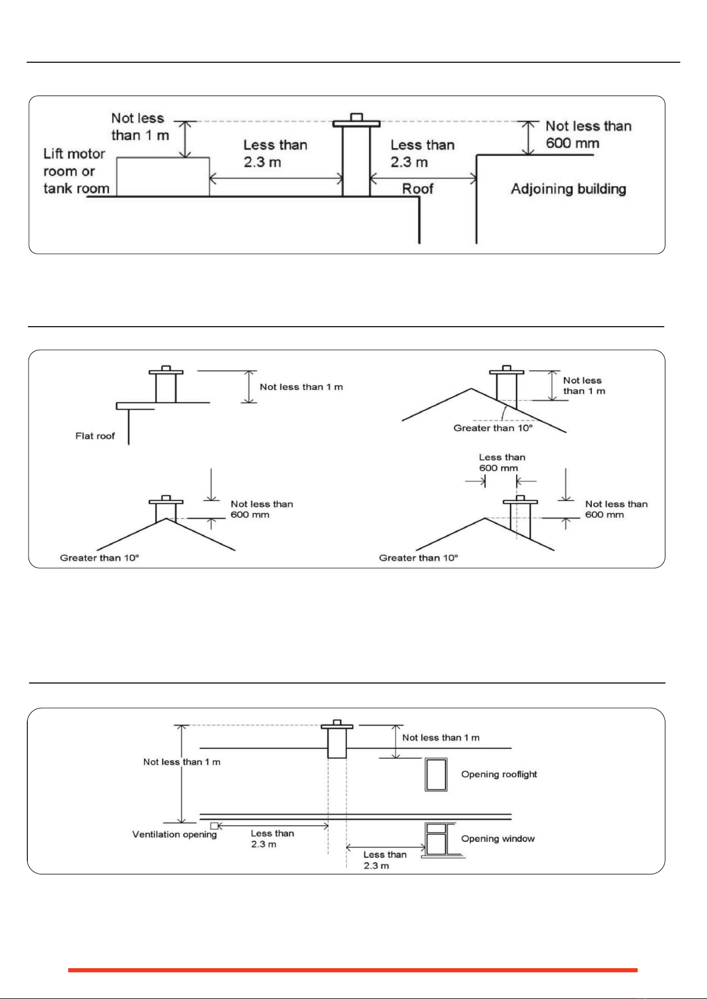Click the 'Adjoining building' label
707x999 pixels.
tap(568, 189)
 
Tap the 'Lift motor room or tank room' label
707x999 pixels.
tap(77, 171)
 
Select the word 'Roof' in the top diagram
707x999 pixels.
tap(418, 189)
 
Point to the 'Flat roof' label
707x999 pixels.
tap(95, 436)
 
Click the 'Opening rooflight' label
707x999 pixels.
tap(499, 774)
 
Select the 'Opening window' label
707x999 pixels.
tap(498, 838)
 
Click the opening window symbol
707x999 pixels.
tap(437, 840)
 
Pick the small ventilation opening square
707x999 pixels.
tap(214, 826)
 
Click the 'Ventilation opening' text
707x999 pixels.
tap(174, 834)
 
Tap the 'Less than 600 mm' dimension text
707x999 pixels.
tap(502, 462)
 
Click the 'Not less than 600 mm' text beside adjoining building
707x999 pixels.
tap(588, 135)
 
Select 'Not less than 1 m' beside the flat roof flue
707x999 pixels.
tap(301, 387)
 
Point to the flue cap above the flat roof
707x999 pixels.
tap(166, 370)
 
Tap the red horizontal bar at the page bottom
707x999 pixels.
tap(353, 970)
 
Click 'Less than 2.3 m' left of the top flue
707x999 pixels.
tap(275, 154)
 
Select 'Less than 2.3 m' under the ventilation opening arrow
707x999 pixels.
tap(272, 838)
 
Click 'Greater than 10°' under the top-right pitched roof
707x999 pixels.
tap(493, 428)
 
